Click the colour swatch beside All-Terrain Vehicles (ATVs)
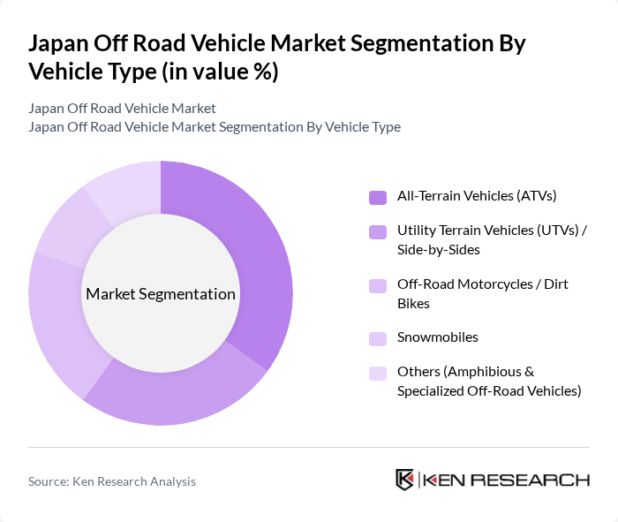377,196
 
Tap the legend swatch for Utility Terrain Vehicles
377,231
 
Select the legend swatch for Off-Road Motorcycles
377,285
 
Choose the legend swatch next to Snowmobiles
377,338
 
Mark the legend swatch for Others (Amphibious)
377,373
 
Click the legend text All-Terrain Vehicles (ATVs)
477,195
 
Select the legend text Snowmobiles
438,337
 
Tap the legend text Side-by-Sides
439,250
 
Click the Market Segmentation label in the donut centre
161,294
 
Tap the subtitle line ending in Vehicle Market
122,109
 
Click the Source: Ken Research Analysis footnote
112,481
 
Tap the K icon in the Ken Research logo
404,480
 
